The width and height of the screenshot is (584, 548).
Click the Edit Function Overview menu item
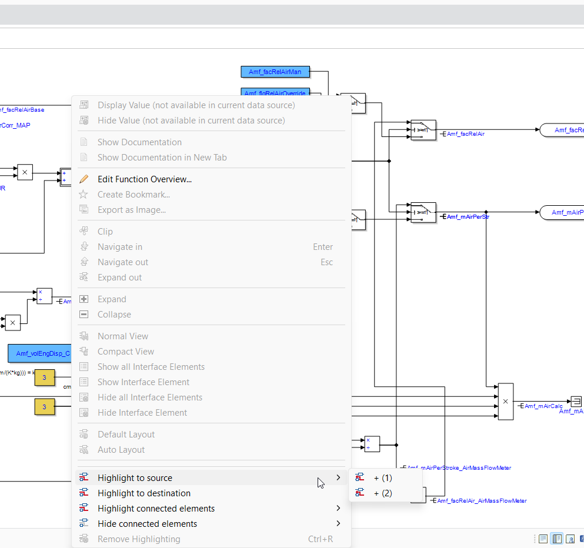point(144,179)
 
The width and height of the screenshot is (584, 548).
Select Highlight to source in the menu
point(135,478)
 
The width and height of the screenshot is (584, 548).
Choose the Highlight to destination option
point(144,493)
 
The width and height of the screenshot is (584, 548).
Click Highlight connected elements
point(156,509)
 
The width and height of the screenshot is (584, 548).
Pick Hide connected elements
point(147,524)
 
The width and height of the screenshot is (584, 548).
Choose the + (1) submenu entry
point(382,478)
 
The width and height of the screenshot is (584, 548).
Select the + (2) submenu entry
point(382,493)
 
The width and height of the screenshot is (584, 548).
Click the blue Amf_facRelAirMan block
point(275,72)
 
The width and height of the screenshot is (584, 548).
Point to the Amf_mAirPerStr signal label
point(468,217)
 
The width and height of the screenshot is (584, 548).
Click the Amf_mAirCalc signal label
point(543,406)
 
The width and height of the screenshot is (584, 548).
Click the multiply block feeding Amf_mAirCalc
point(505,402)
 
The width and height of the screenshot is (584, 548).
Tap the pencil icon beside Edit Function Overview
point(84,179)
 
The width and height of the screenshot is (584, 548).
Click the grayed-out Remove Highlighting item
point(139,539)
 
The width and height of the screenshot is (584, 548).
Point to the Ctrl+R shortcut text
point(321,539)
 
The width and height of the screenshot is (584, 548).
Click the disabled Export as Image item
point(132,210)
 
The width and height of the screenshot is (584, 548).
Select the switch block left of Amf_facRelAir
point(423,129)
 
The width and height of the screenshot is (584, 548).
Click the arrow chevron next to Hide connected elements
point(338,523)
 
